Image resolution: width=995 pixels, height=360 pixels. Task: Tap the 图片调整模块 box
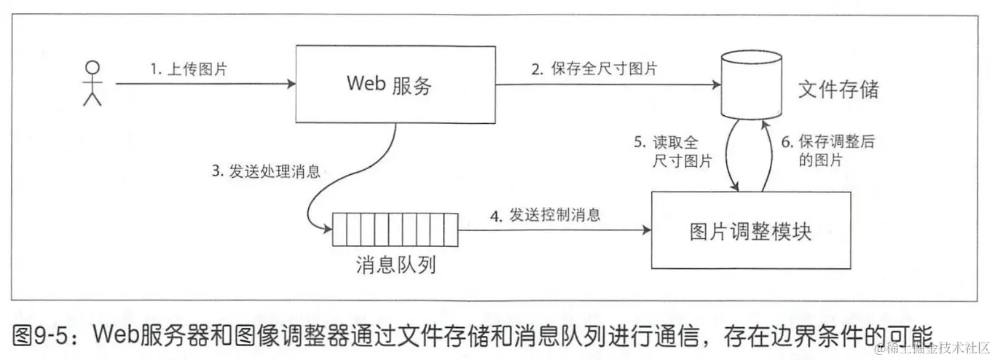tap(750, 232)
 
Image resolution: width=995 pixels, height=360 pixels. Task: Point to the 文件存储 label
tap(838, 90)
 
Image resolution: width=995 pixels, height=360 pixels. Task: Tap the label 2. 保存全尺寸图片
tap(594, 69)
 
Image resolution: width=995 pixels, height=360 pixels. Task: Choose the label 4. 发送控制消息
tap(546, 215)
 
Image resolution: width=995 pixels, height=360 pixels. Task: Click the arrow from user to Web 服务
tap(204, 85)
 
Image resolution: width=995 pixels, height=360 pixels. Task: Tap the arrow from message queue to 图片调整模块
tap(554, 231)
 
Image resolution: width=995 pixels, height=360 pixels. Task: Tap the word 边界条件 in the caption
tap(808, 336)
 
